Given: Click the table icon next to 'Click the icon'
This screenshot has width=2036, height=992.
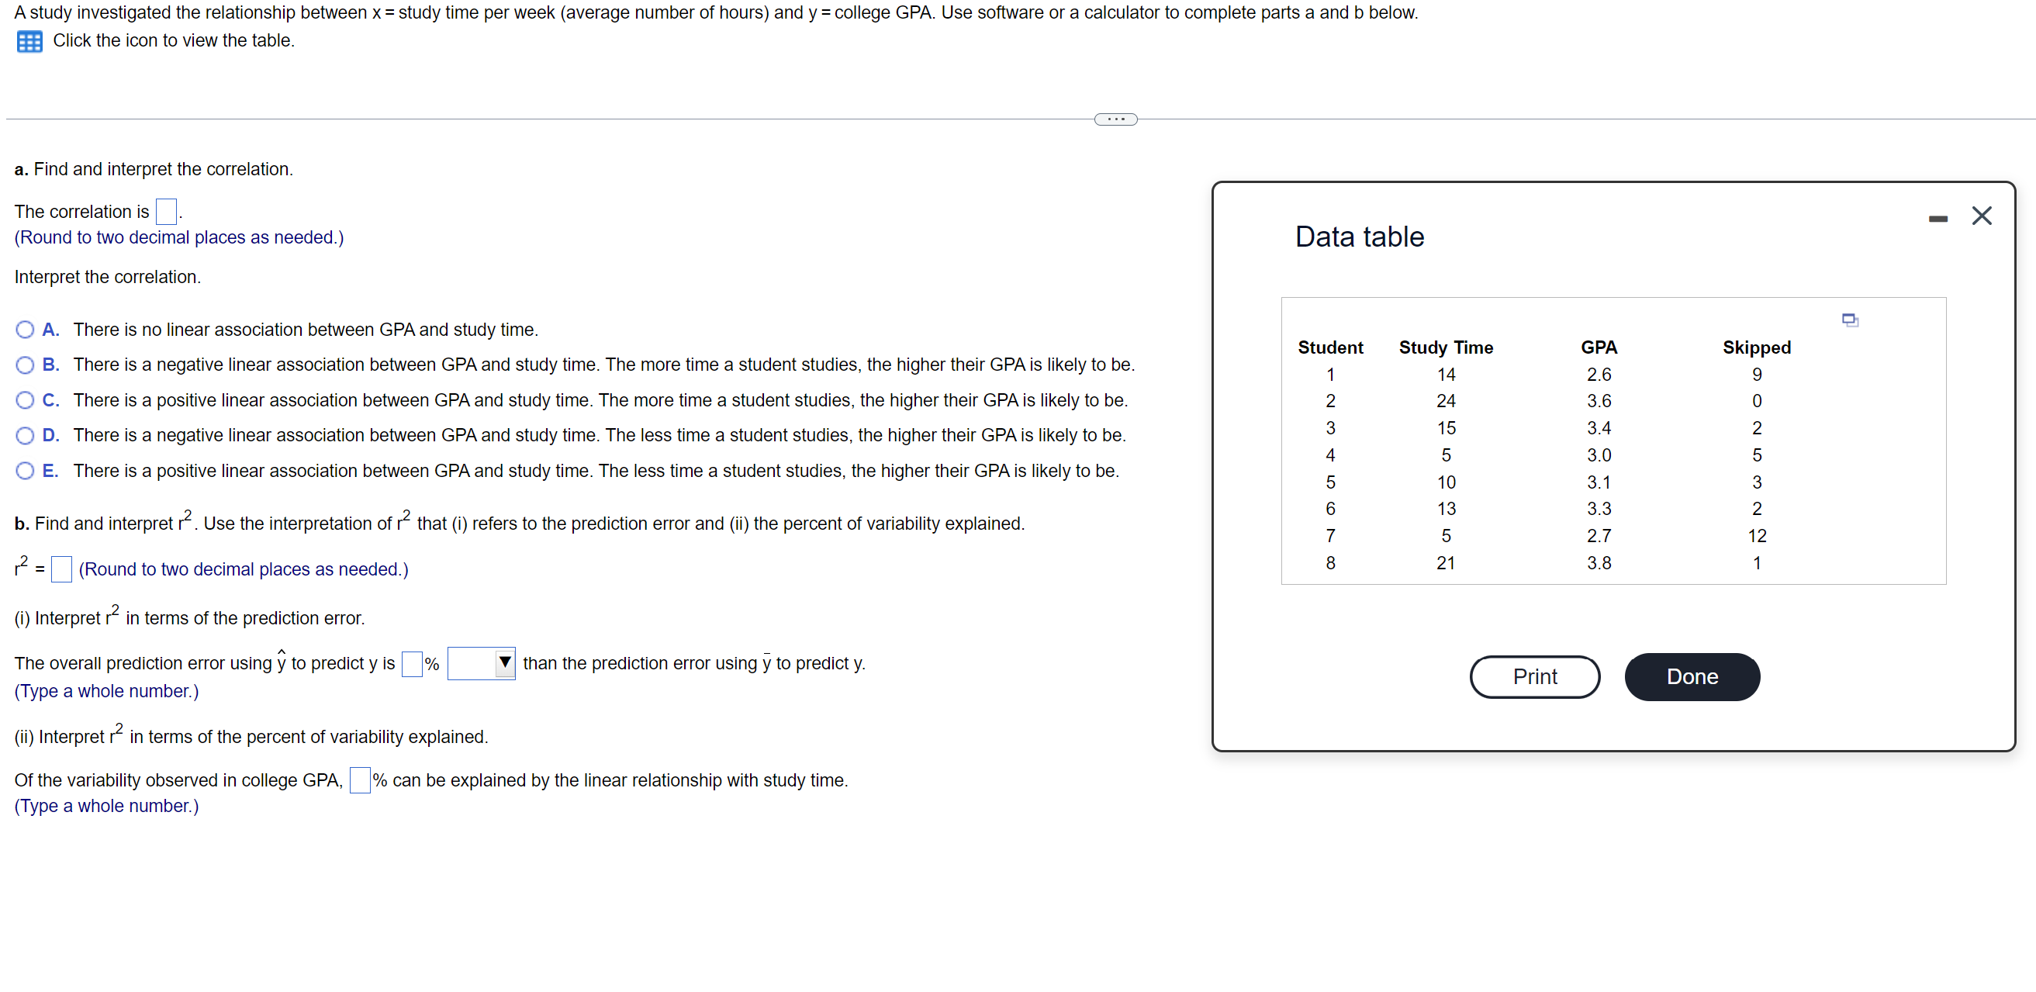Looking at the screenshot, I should click(x=29, y=41).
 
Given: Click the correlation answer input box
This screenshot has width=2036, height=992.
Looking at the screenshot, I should click(x=166, y=212).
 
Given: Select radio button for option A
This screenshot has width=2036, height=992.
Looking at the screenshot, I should click(x=26, y=330).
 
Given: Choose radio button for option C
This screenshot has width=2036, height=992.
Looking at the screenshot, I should click(x=26, y=400).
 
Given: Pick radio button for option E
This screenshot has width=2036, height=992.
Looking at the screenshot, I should click(x=26, y=471).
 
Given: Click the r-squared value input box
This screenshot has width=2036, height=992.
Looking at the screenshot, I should click(x=61, y=569).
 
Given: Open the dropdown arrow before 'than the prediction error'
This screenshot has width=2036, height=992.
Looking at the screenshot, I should click(x=504, y=662).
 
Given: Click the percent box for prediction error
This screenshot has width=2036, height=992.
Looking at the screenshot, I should click(x=412, y=663).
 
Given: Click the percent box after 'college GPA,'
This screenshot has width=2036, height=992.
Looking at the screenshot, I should click(x=360, y=780).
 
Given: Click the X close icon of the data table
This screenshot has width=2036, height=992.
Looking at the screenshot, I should click(x=1982, y=216).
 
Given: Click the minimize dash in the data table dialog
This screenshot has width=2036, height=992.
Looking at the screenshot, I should click(x=1938, y=218).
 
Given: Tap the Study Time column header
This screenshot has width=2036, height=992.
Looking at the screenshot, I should click(x=1446, y=347).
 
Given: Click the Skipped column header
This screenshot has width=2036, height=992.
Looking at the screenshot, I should click(x=1756, y=347).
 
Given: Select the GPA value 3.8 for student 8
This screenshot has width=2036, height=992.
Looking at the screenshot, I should click(x=1598, y=563).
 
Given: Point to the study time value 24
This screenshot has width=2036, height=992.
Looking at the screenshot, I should click(x=1446, y=401).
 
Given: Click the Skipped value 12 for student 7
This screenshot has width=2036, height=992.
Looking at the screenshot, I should click(x=1756, y=536).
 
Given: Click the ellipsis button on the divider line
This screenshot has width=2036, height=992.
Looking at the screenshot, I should click(x=1115, y=119).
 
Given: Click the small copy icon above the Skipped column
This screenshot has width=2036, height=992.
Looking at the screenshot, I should click(x=1850, y=320).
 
